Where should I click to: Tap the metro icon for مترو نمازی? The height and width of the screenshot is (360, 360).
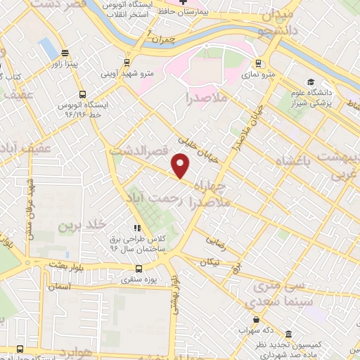(x=257, y=61)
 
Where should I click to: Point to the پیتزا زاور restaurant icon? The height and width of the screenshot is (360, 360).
(x=65, y=53)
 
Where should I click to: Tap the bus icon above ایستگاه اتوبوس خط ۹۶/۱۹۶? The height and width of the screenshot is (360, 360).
(x=82, y=94)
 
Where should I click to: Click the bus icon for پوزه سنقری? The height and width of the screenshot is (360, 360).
(x=138, y=268)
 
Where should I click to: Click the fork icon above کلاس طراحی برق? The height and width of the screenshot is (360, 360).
(x=137, y=227)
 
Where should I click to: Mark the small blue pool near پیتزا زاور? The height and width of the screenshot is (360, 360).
(x=48, y=48)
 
